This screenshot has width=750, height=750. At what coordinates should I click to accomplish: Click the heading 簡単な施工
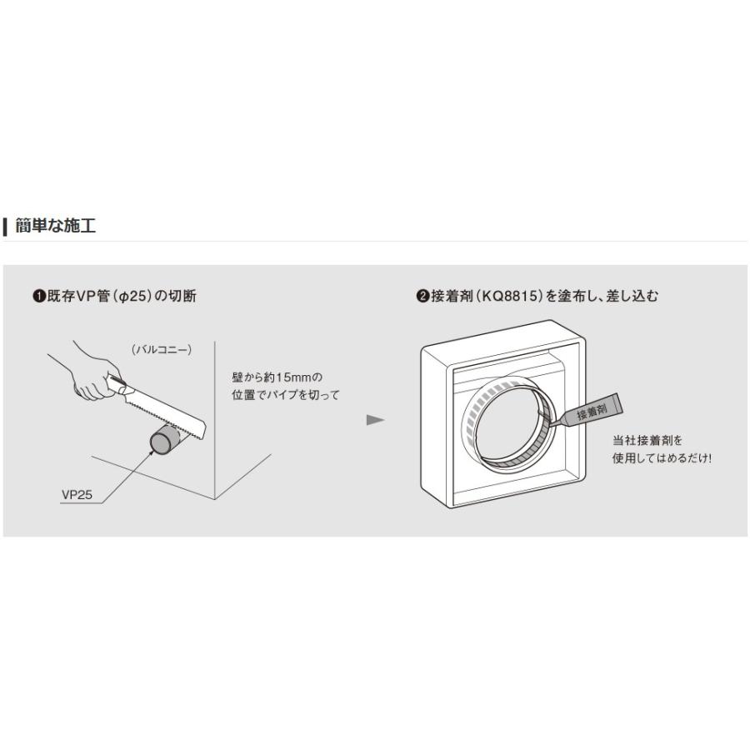pos(56,226)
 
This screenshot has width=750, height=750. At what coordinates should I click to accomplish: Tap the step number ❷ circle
pos(422,296)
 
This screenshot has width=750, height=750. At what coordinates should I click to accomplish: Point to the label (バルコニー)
pos(162,350)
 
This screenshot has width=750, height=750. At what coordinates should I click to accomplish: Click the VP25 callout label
pos(76,494)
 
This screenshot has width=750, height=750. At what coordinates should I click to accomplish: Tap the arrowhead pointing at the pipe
pos(152,451)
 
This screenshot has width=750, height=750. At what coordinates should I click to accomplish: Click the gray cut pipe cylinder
pos(162,442)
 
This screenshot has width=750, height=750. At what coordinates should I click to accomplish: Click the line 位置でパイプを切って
pos(285,395)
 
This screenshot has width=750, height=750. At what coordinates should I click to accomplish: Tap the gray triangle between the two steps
pos(375,419)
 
